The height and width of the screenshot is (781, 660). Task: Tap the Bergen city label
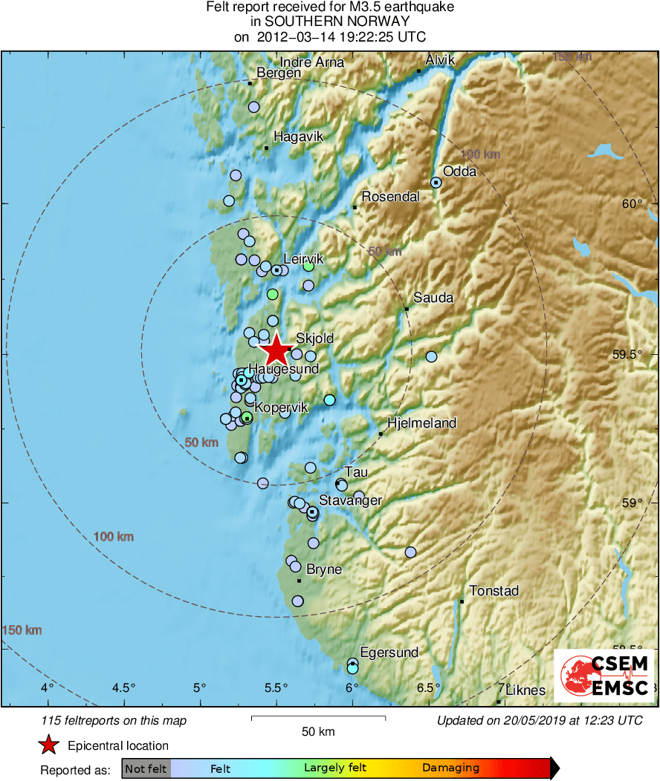[279, 73]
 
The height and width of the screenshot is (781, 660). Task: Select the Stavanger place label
[350, 500]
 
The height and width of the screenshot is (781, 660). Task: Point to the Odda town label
[460, 171]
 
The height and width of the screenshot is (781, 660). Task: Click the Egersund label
[389, 653]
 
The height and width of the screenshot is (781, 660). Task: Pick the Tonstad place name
[494, 591]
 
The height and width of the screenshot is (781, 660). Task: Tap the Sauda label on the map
[433, 298]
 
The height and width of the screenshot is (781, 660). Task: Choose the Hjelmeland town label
[422, 423]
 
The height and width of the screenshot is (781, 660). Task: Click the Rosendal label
[391, 197]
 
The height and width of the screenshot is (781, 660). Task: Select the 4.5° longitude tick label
[123, 687]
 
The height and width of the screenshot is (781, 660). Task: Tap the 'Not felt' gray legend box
[146, 768]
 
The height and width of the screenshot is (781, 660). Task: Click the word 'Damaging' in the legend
[451, 768]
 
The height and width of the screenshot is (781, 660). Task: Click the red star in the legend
[49, 745]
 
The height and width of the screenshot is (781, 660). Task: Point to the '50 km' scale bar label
[318, 732]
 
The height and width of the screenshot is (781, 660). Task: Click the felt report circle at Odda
[436, 183]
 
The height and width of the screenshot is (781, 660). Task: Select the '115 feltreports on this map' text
[114, 720]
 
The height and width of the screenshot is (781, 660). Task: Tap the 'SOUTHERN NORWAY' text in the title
[330, 22]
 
